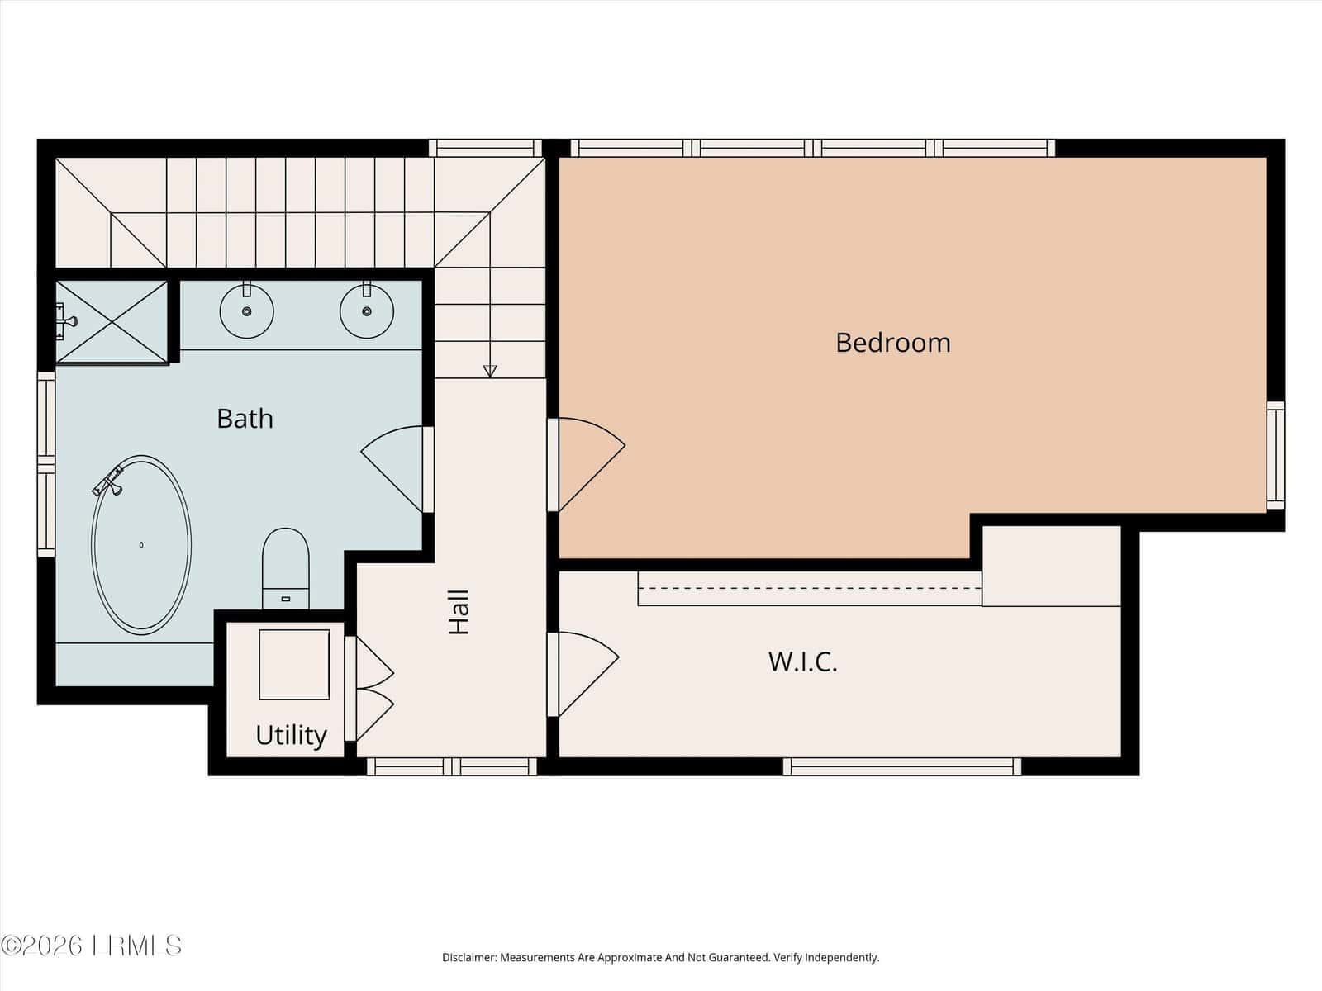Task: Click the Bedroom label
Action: coord(893,343)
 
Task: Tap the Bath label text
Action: coord(245,419)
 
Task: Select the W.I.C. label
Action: coord(803,661)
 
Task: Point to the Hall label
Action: coord(459,611)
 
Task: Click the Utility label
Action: coord(291,735)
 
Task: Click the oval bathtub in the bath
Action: coord(141,545)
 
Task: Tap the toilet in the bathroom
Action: coord(286,569)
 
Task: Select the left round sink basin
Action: coord(246,311)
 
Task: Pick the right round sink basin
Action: coord(366,311)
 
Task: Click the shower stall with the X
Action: coord(112,323)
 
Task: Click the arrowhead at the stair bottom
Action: coord(490,372)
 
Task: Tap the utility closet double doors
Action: coord(374,689)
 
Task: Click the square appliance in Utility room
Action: coord(294,665)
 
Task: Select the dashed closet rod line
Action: coord(810,588)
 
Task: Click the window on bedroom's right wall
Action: coord(1275,456)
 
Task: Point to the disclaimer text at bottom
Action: coord(661,957)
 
